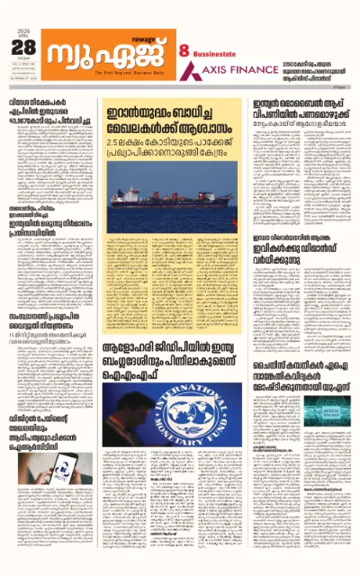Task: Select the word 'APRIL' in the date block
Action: pos(22,39)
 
